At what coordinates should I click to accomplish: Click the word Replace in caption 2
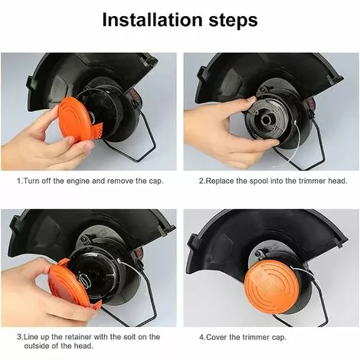coord(220,182)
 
